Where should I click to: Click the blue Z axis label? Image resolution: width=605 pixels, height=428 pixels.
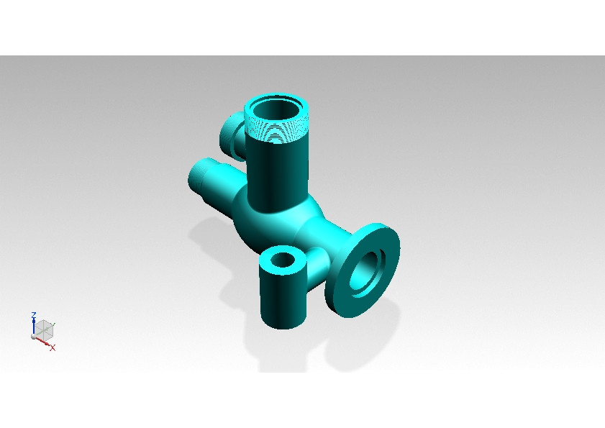(x=34, y=315)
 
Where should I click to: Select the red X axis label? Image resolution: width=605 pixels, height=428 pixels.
(x=53, y=348)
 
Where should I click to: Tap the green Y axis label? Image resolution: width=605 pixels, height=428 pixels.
(x=53, y=325)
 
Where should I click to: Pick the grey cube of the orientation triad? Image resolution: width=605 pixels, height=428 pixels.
(x=44, y=330)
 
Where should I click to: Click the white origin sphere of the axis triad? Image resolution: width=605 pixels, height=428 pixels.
(x=34, y=337)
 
